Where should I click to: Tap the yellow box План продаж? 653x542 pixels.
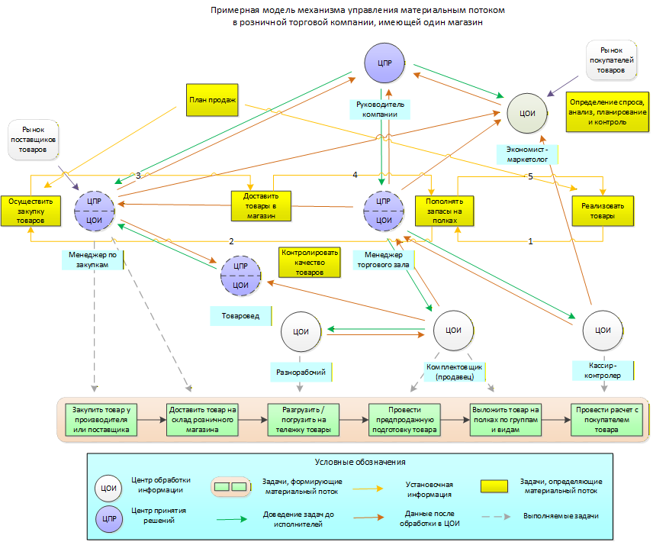pyautogui.click(x=212, y=100)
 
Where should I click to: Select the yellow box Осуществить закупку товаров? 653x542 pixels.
pyautogui.click(x=31, y=209)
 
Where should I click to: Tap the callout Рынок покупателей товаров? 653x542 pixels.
pyautogui.click(x=610, y=60)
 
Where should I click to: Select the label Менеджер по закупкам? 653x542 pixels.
pyautogui.click(x=92, y=259)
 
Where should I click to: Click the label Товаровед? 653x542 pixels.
pyautogui.click(x=240, y=315)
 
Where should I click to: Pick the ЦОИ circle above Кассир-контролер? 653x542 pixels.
pyautogui.click(x=603, y=331)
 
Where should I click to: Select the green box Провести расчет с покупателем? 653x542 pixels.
pyautogui.click(x=607, y=419)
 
